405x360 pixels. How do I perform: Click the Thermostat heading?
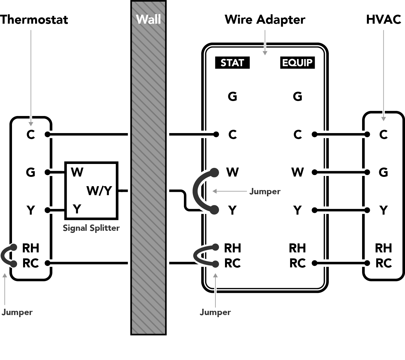[x=34, y=19]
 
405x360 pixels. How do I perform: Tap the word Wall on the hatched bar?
[x=148, y=19]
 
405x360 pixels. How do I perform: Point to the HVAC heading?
[x=383, y=19]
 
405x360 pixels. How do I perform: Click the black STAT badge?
[x=232, y=63]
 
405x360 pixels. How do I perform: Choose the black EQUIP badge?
[x=298, y=63]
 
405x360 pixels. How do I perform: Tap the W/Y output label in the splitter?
[x=99, y=191]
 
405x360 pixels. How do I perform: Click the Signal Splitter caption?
[x=91, y=228]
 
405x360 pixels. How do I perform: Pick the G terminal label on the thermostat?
[x=31, y=172]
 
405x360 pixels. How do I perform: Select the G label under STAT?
[x=232, y=97]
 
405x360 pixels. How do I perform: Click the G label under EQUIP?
[x=298, y=97]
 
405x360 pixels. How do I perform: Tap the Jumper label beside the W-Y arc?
[x=265, y=192]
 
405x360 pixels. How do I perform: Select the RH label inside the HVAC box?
[x=383, y=248]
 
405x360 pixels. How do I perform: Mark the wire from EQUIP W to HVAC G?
[x=341, y=172]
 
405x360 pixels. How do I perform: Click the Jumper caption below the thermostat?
[x=17, y=312]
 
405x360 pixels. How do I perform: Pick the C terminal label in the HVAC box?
[x=383, y=135]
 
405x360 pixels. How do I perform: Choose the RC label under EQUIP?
[x=298, y=263]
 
